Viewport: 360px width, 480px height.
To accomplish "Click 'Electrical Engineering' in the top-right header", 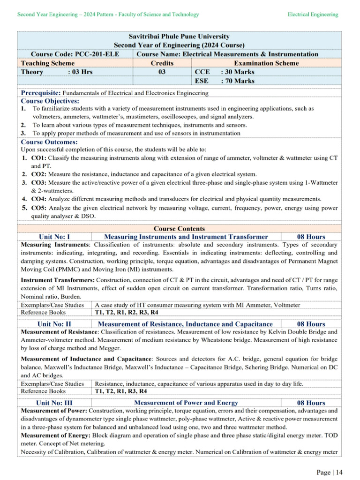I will (313, 15).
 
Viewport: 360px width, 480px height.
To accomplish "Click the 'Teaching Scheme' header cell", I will (47, 63).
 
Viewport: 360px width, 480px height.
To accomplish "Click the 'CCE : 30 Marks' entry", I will (225, 72).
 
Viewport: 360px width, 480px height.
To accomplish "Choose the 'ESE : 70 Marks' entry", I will (225, 81).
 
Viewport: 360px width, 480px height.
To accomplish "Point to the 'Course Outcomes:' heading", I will (49, 142).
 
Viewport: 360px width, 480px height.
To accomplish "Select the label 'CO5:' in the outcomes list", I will (39, 208).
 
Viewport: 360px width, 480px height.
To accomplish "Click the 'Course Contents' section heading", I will (179, 229).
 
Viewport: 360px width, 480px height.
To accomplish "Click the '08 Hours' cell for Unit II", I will (311, 324).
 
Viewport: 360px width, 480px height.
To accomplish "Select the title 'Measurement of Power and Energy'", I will (186, 403).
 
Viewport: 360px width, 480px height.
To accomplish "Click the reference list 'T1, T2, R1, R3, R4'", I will (121, 391).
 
